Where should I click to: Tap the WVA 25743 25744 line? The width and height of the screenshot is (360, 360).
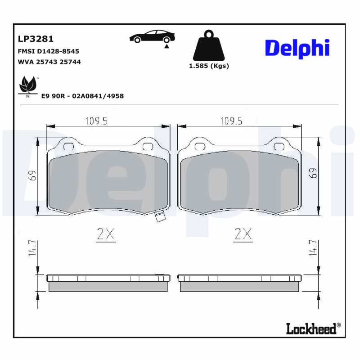coord(49,62)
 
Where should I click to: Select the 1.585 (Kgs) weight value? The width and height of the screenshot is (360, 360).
coord(208,66)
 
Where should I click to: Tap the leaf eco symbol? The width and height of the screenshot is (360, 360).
coord(27,85)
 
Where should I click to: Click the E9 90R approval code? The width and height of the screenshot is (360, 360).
coord(82,96)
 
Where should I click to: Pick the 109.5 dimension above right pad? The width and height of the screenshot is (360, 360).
coord(231,121)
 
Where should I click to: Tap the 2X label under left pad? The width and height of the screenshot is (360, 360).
coord(107,234)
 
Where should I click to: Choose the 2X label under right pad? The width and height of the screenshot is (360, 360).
coord(243,234)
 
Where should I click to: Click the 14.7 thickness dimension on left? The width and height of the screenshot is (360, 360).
coord(32,248)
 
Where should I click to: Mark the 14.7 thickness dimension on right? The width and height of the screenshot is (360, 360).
coord(315,248)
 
